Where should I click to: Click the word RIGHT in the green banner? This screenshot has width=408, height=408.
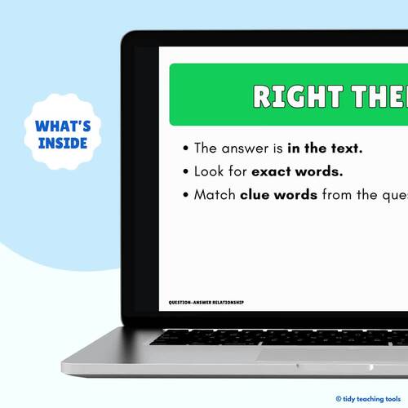(290, 95)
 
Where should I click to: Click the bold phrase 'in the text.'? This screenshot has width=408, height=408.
(325, 149)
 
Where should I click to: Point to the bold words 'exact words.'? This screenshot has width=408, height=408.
(297, 172)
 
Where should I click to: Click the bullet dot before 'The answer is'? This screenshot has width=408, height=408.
(186, 149)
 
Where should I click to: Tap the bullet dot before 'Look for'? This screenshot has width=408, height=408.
(186, 172)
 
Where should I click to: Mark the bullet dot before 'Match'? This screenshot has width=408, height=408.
(186, 196)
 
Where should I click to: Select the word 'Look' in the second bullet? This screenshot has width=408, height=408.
(208, 172)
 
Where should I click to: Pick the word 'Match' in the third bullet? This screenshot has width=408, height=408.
(215, 195)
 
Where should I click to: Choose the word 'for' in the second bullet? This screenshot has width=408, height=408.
(237, 172)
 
